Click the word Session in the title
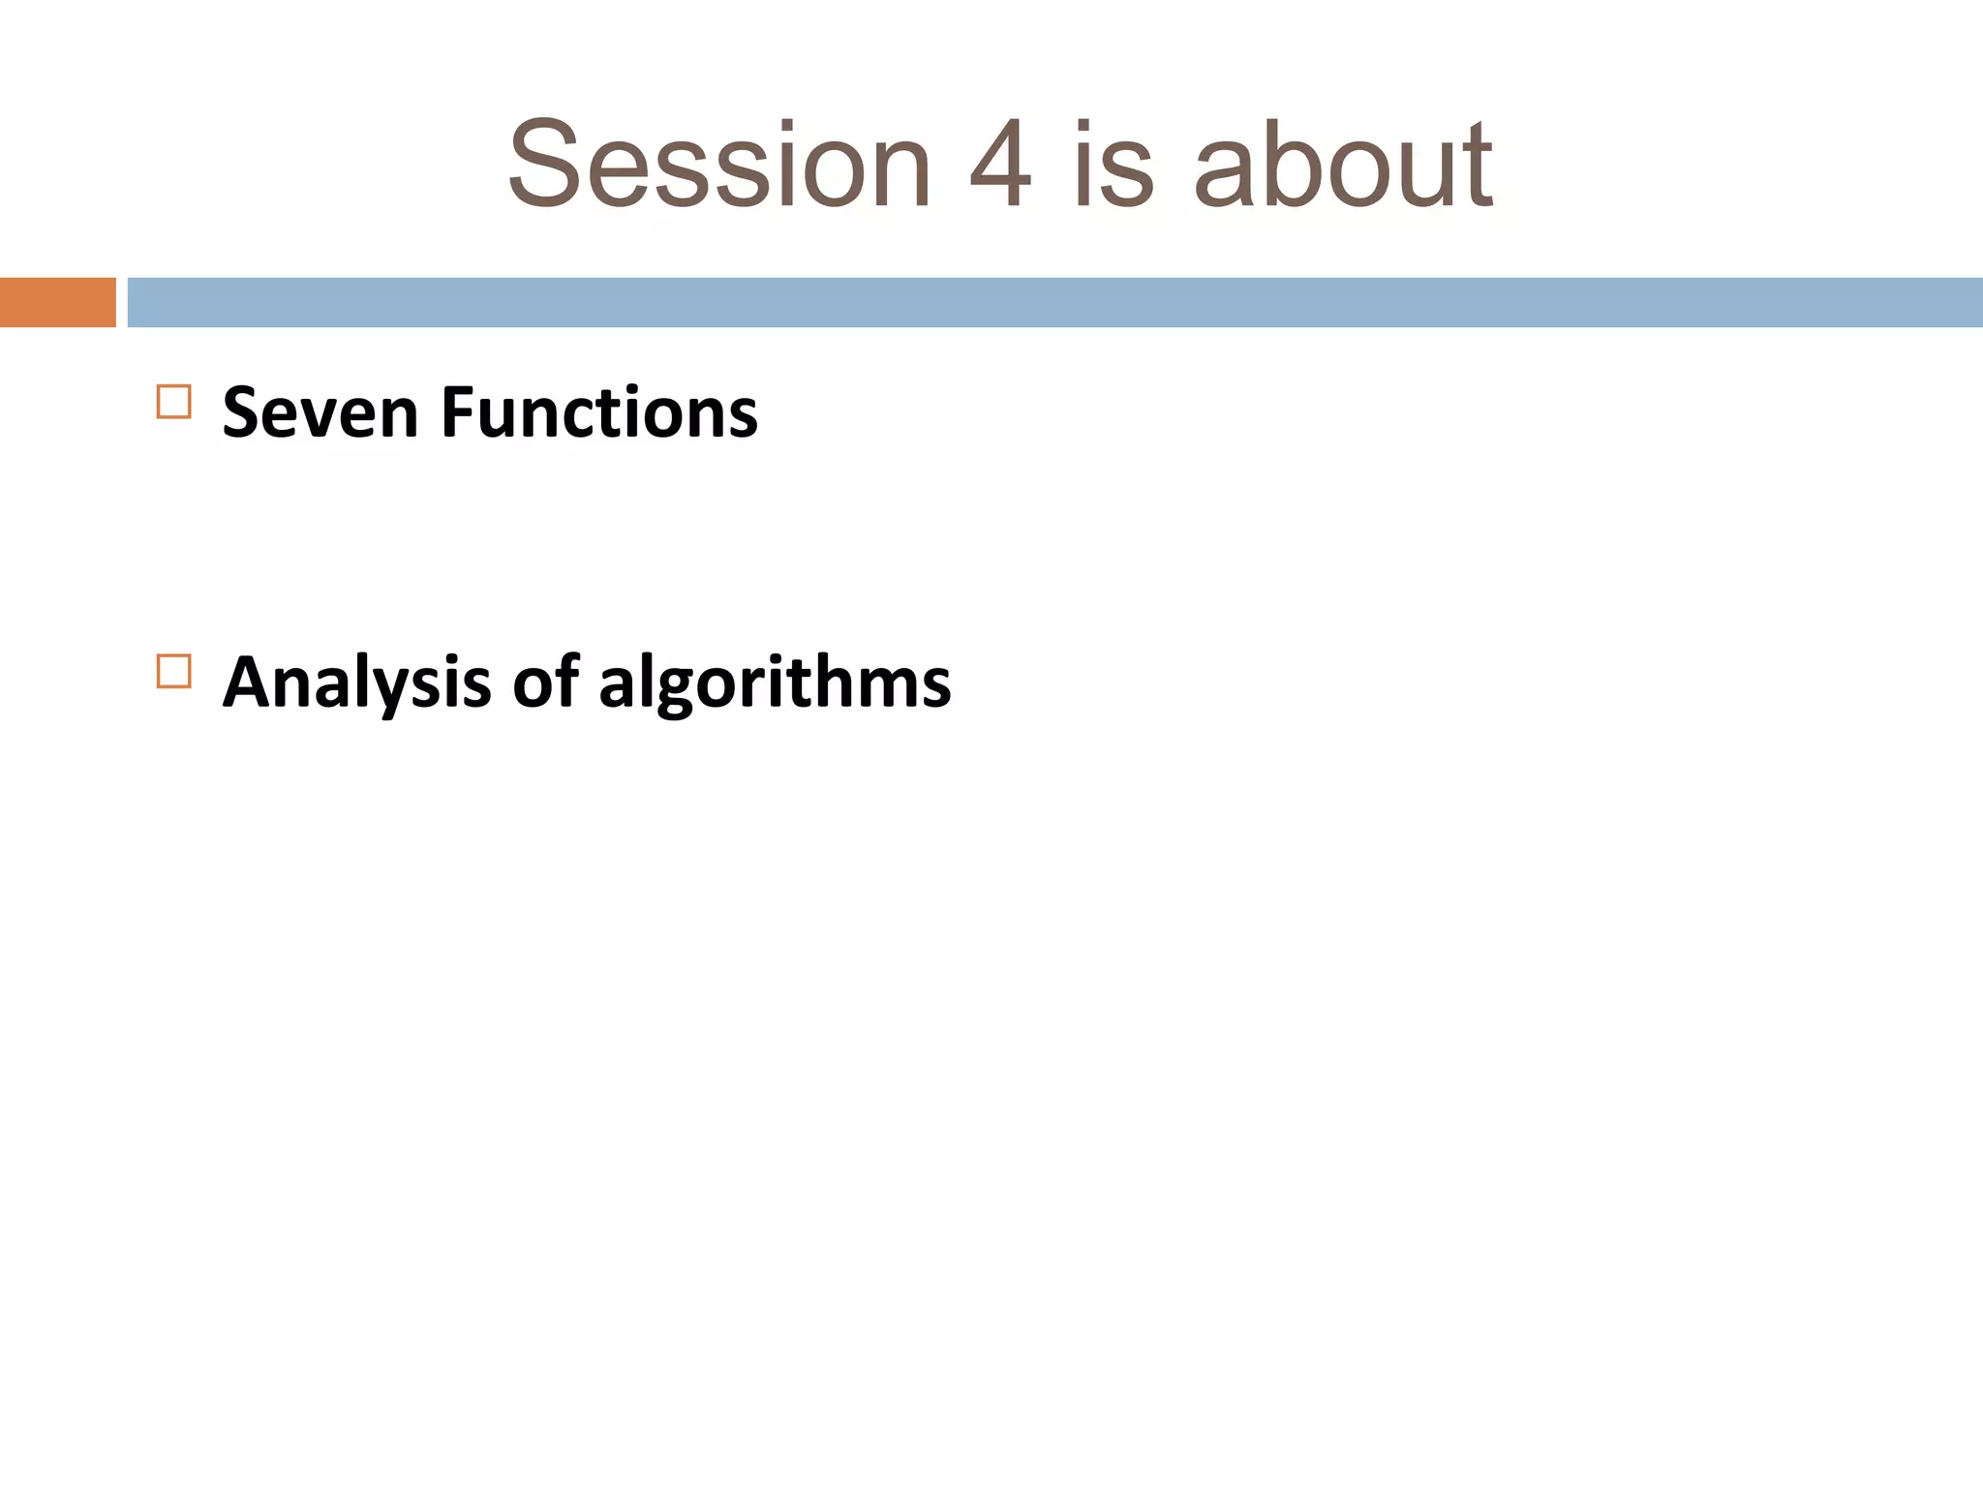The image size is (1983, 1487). (719, 165)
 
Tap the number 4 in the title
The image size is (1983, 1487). (1001, 165)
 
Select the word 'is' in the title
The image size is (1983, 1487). (1114, 165)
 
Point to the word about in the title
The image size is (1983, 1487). (1344, 165)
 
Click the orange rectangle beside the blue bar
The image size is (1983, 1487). (57, 302)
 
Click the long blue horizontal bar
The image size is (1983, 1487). (1054, 302)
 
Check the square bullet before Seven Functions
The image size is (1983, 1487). (173, 401)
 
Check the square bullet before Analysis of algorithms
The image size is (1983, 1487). (173, 671)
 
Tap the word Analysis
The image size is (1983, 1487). (356, 683)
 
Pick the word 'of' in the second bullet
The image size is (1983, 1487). (545, 682)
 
